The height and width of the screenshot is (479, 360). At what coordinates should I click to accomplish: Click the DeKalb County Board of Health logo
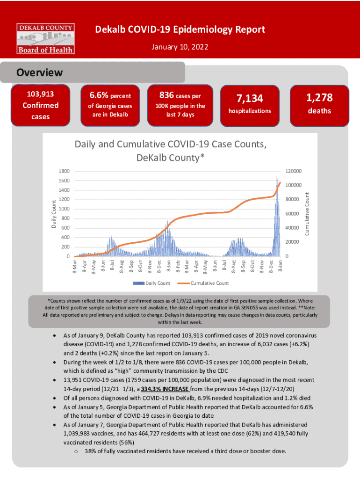pos(45,37)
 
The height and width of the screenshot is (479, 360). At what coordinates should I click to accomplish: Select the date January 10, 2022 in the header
pos(180,47)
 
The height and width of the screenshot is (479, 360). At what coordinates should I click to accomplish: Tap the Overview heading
pos(39,73)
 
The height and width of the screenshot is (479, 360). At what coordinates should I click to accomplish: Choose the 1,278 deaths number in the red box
pos(319,97)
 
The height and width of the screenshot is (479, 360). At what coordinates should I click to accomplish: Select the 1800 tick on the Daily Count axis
pos(63,171)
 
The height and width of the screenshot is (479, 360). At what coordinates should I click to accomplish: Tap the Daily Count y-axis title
pos(54,214)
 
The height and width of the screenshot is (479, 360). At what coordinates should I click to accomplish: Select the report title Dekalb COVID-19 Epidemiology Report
pos(180,30)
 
